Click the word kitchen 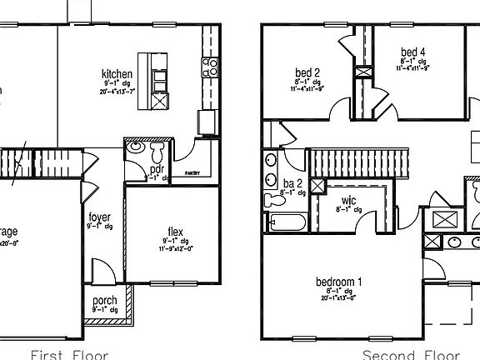(x=117, y=73)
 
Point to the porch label (x=105, y=301)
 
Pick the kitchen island (x=155, y=80)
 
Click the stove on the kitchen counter (x=211, y=64)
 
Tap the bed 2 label (x=307, y=72)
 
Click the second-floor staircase (x=359, y=162)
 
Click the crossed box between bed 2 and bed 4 (x=363, y=72)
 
